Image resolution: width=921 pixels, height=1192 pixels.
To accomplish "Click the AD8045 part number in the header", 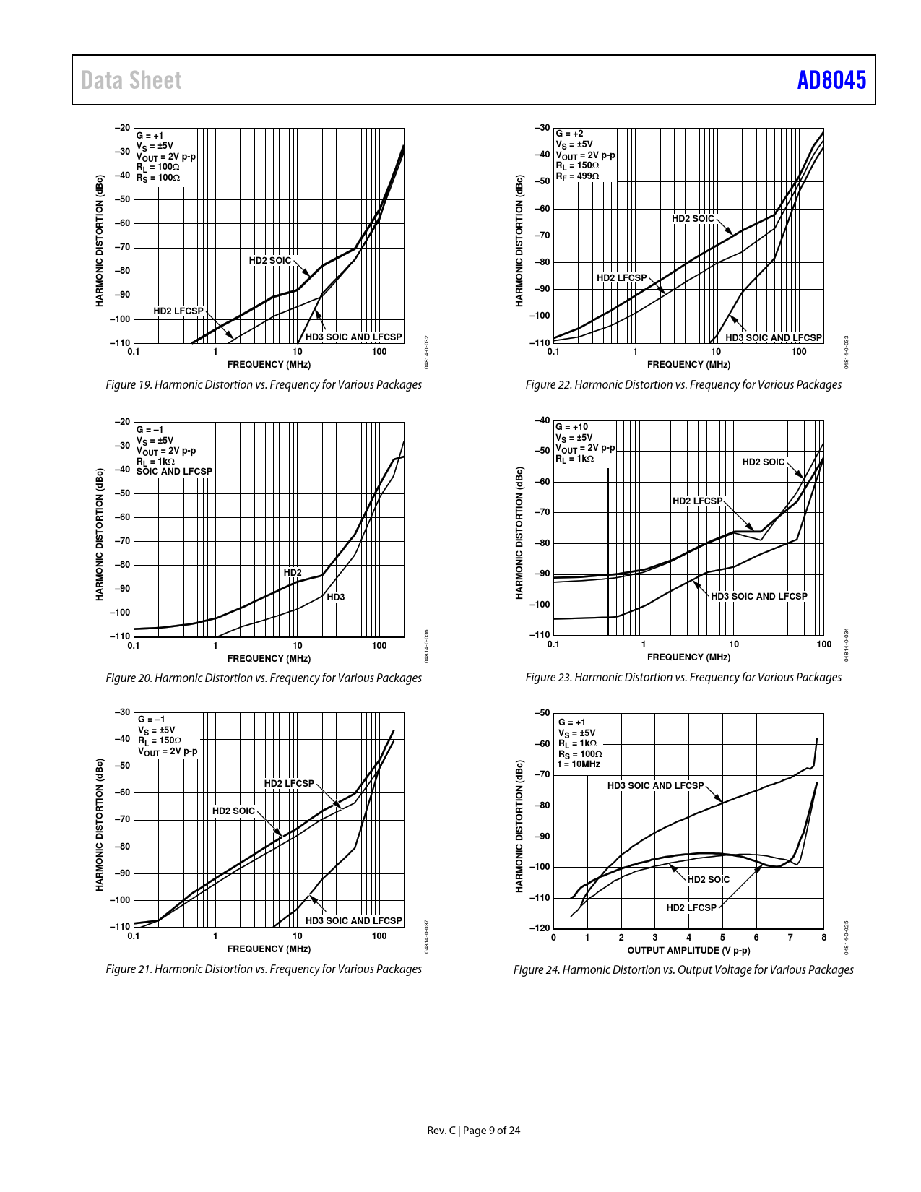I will [x=831, y=80].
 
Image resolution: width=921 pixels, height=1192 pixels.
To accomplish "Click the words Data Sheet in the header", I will [x=131, y=80].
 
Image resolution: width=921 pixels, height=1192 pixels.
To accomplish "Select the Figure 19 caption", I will [x=264, y=385].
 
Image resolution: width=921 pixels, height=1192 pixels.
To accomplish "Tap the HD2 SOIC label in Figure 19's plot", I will [x=270, y=261].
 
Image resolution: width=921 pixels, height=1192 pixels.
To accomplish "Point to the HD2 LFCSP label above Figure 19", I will [x=178, y=311].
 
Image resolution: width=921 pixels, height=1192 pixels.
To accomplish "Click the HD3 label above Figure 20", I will [x=336, y=597].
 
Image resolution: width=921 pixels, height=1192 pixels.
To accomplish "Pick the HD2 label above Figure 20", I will [x=293, y=573].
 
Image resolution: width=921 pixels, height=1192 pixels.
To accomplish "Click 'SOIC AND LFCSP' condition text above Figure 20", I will [x=174, y=472].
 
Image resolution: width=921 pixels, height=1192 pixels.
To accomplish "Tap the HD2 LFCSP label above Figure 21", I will [x=289, y=784].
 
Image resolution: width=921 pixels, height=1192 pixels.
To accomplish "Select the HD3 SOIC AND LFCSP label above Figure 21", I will [x=353, y=921].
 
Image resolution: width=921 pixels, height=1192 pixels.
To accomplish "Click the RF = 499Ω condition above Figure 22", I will [x=577, y=176].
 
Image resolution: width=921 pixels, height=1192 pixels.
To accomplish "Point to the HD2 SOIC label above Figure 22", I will [x=693, y=219].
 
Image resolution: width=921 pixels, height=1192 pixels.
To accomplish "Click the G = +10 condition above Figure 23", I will [x=572, y=427].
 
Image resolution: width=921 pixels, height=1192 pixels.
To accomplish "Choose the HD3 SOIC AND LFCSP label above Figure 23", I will [x=759, y=597].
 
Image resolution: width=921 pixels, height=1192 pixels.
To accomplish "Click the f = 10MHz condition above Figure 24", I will [x=579, y=764].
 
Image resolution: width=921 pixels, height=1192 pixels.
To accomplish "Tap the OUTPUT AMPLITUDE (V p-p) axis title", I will [x=688, y=951].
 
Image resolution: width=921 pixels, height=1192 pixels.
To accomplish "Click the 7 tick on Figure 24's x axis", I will [x=790, y=938].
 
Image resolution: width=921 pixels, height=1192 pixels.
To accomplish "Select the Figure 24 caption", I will [x=683, y=970].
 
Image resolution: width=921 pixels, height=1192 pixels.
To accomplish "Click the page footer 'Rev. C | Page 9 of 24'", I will [x=474, y=1131].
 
